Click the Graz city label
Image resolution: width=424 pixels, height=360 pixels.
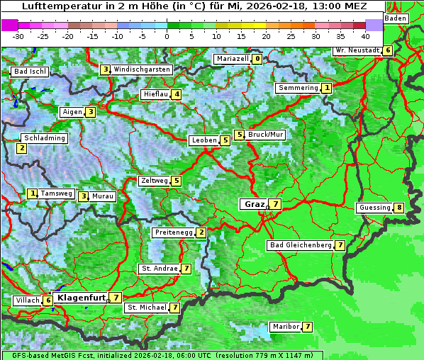253,204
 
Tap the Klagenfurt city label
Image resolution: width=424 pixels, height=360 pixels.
81,298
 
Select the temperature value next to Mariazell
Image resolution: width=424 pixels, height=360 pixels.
257,59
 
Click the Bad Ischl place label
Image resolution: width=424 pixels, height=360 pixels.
30,72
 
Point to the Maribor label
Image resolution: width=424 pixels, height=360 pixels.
285,327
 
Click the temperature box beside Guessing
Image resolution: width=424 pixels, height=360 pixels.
400,208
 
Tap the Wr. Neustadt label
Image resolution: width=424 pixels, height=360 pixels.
357,50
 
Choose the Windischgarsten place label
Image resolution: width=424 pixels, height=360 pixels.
142,69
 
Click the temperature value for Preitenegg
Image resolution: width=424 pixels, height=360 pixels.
201,232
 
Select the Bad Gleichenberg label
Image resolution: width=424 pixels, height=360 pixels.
301,245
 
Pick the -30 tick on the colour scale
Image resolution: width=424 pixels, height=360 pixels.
18,35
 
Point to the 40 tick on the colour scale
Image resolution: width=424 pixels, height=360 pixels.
365,35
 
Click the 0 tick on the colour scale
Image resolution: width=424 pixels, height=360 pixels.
167,35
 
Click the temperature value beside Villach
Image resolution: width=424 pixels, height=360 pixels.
48,300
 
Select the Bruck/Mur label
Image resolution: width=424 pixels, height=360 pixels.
266,135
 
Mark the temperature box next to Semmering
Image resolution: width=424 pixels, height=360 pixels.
326,88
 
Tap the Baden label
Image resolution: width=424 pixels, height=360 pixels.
396,18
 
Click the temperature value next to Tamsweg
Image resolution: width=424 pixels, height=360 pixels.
32,193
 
